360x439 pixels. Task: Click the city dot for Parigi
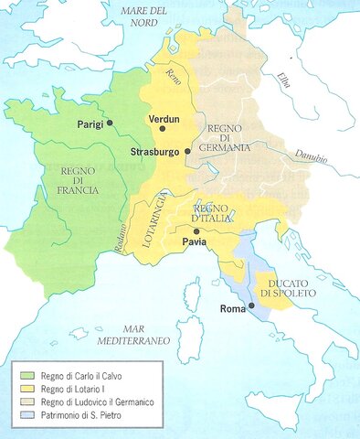pyautogui.click(x=110, y=122)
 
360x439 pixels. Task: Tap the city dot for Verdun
pyautogui.click(x=163, y=129)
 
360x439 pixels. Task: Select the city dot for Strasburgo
pyautogui.click(x=186, y=151)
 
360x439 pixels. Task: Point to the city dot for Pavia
pyautogui.click(x=196, y=231)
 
